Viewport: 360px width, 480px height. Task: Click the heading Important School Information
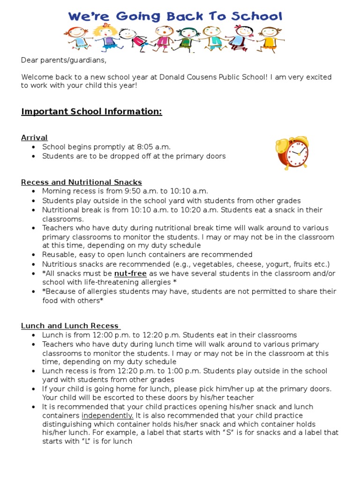[x=91, y=112]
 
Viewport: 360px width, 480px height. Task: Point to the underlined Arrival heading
[x=34, y=137]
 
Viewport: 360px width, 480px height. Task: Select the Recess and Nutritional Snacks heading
[x=82, y=182]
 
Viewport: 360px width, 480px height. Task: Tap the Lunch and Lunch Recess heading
[x=71, y=326]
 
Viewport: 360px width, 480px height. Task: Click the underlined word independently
[x=107, y=415]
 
